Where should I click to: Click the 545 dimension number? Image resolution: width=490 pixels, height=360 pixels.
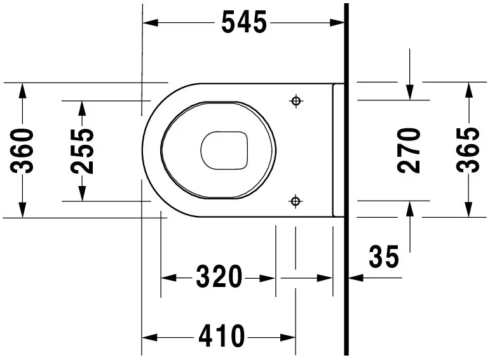point(244,23)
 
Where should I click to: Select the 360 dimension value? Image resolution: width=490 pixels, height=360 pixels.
point(24,150)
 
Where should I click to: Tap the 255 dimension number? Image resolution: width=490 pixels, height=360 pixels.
point(83,151)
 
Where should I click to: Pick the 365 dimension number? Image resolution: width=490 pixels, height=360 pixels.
point(469,150)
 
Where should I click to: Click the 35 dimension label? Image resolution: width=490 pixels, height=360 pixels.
point(384,257)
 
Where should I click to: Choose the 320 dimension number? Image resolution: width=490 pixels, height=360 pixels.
point(219,277)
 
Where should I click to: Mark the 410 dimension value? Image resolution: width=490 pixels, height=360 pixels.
point(221,336)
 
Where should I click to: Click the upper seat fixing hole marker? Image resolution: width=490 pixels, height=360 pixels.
point(295,100)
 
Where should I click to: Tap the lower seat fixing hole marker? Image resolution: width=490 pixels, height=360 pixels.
point(295,201)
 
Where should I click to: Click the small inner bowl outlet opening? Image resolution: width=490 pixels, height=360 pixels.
point(224,151)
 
